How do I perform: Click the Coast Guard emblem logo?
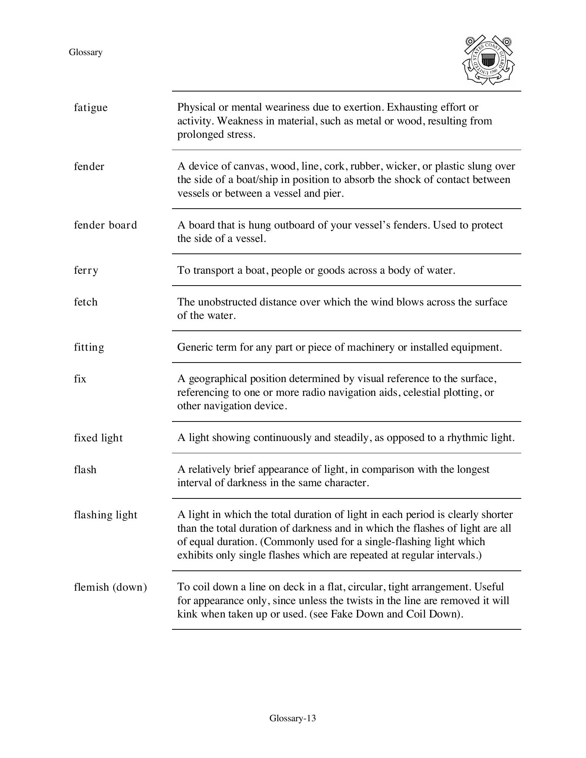[x=488, y=60]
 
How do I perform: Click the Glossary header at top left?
[x=85, y=52]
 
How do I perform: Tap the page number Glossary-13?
[x=293, y=718]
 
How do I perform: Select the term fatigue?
[x=91, y=108]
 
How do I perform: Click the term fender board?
[x=105, y=225]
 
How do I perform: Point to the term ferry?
[x=86, y=271]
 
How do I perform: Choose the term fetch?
[x=86, y=302]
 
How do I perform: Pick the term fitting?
[x=89, y=347]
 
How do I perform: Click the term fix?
[x=80, y=379]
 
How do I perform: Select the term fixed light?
[x=98, y=438]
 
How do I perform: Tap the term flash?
[x=85, y=470]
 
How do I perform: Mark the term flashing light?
[x=105, y=515]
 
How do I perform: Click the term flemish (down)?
[x=110, y=587]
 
